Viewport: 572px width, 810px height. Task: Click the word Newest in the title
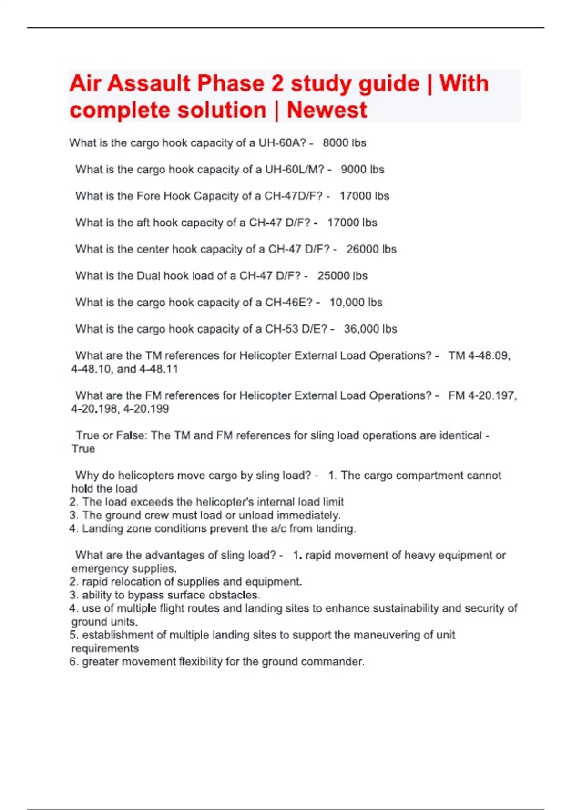327,110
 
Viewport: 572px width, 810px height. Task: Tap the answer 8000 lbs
344,143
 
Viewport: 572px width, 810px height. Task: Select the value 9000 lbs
362,170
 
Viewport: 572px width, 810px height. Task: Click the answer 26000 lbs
371,249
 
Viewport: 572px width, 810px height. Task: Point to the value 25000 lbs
342,276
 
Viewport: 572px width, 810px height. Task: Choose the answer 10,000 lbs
356,303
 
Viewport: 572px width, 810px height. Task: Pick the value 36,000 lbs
370,329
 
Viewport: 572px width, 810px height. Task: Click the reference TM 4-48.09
479,356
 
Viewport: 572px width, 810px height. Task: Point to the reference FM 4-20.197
482,396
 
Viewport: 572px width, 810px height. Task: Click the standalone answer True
83,449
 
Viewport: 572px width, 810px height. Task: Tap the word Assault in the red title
149,83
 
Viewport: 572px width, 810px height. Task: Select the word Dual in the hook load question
149,276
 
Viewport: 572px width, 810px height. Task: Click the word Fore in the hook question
148,196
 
